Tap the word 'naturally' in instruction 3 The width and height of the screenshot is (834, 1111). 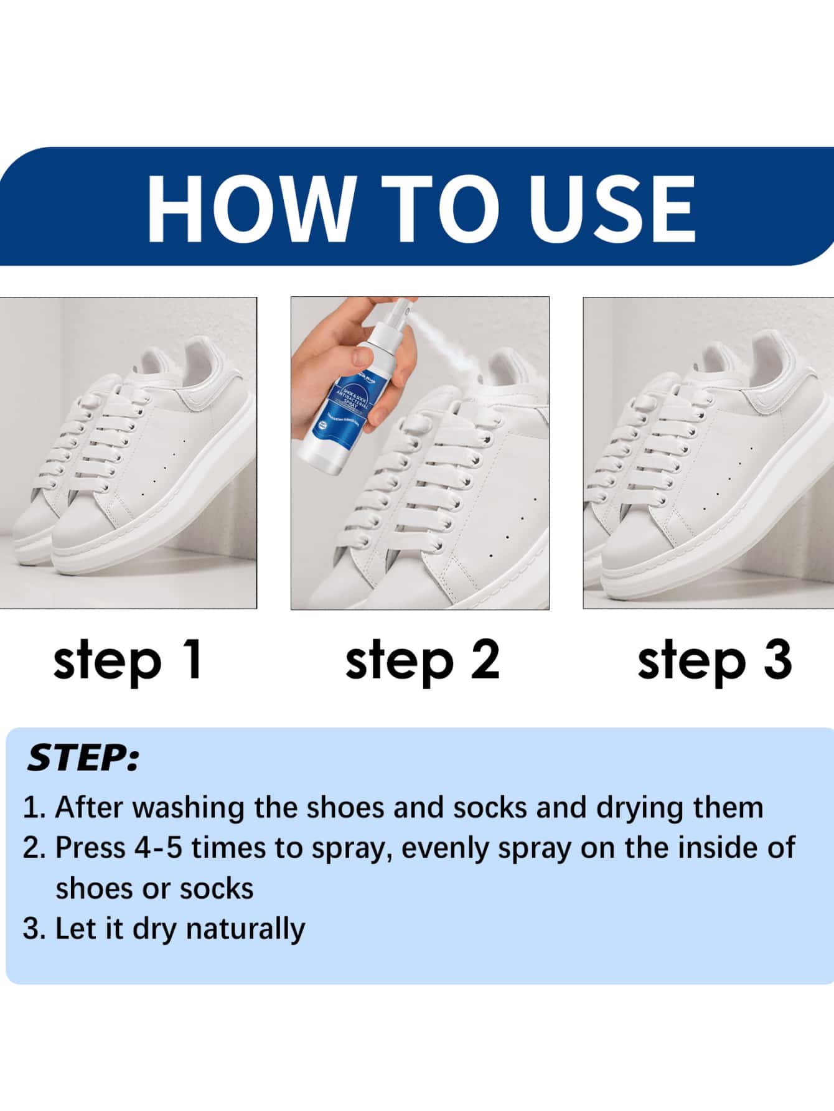[x=245, y=929]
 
